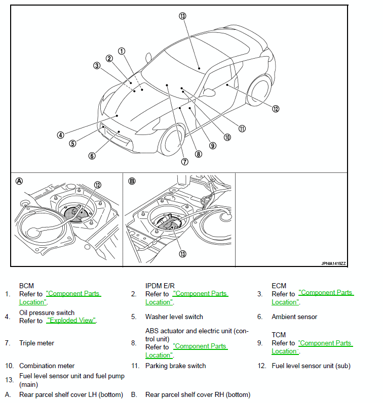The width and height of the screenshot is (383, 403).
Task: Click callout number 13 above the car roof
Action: (x=182, y=16)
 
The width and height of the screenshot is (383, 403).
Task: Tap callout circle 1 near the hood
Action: (x=122, y=51)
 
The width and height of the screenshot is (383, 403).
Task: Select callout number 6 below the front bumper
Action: (x=92, y=156)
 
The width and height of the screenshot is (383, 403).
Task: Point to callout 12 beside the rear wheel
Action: (x=276, y=109)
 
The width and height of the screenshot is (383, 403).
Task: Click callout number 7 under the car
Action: (x=185, y=162)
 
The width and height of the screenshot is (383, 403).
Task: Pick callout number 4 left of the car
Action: (x=60, y=135)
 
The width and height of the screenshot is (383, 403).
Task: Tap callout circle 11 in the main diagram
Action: (x=242, y=128)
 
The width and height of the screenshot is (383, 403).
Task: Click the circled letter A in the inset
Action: (x=19, y=181)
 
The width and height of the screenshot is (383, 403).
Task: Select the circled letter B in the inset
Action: (x=132, y=181)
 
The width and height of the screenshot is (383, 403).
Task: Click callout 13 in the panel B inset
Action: (x=182, y=254)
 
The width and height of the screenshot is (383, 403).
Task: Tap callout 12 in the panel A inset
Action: (x=98, y=185)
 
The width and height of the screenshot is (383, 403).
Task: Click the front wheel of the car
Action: (x=172, y=141)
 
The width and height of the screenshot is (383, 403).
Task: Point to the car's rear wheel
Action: (x=259, y=91)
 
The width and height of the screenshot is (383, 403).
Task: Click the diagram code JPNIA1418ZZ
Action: (x=333, y=263)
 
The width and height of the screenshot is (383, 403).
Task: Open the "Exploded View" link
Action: (x=71, y=321)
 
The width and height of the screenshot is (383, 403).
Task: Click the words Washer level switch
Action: (x=174, y=317)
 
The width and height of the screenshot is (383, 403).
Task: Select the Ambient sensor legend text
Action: (x=294, y=317)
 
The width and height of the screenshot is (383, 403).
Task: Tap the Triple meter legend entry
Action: (x=37, y=343)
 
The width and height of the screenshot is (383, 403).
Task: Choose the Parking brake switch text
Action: (x=176, y=366)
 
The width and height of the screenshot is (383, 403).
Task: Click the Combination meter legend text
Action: (x=47, y=366)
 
